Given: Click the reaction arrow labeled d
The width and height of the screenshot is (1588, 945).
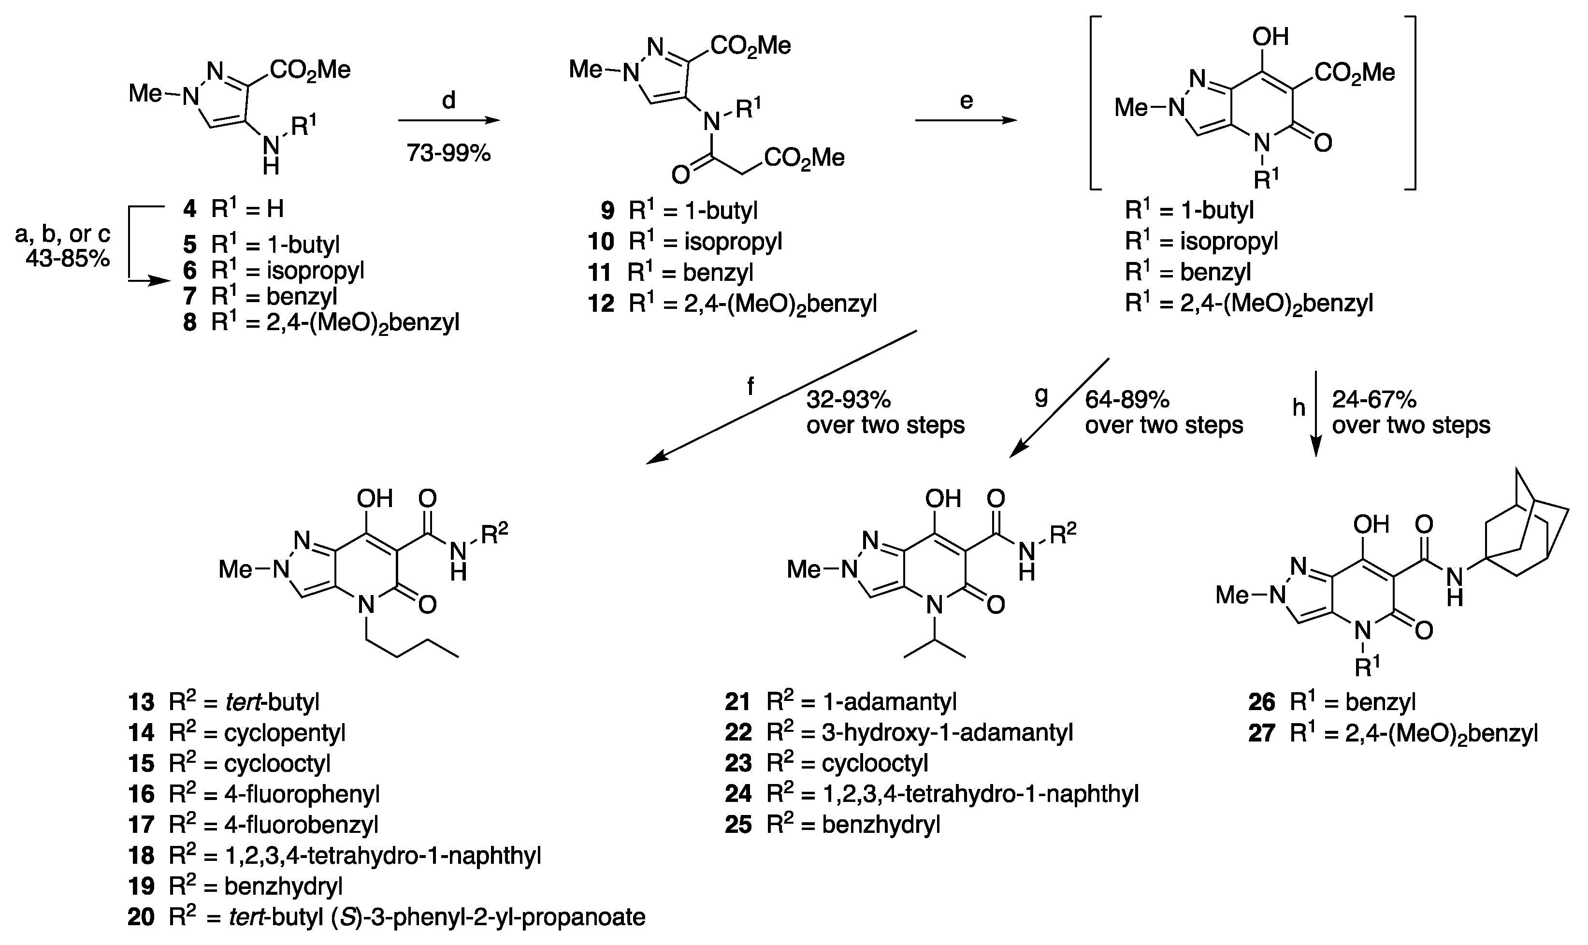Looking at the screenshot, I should coord(449,120).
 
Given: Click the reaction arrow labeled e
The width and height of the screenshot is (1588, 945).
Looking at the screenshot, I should coord(966,120).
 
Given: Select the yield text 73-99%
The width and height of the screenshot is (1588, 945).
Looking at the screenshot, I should coord(449,153).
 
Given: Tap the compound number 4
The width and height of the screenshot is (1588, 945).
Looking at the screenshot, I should coord(189,208).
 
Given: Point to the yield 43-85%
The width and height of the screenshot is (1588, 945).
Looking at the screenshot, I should coord(68,259).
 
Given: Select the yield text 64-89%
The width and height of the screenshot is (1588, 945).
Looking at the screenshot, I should coord(1126,399).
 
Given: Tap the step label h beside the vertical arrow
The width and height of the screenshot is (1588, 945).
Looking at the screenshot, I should coord(1299,407).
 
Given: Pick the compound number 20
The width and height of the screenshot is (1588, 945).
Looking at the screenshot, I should coord(141,917).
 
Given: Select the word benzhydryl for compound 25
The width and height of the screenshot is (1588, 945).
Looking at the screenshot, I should coord(881,825).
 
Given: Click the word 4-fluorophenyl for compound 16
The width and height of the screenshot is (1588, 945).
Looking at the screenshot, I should coord(301,794).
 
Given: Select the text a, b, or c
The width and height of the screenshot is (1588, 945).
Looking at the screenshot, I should coord(62,234).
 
